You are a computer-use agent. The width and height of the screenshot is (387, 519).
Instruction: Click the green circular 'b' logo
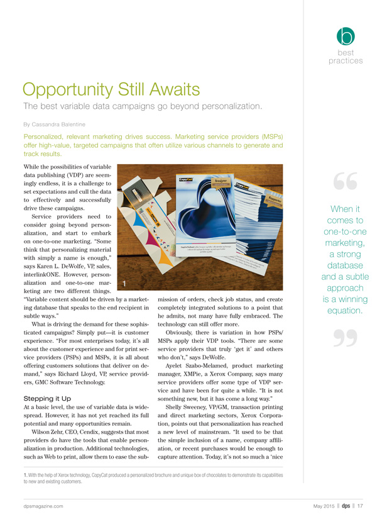[x=346, y=36]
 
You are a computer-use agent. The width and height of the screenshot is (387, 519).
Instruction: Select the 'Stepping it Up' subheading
[x=47, y=381]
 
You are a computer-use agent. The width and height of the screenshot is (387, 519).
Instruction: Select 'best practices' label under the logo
[x=346, y=57]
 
